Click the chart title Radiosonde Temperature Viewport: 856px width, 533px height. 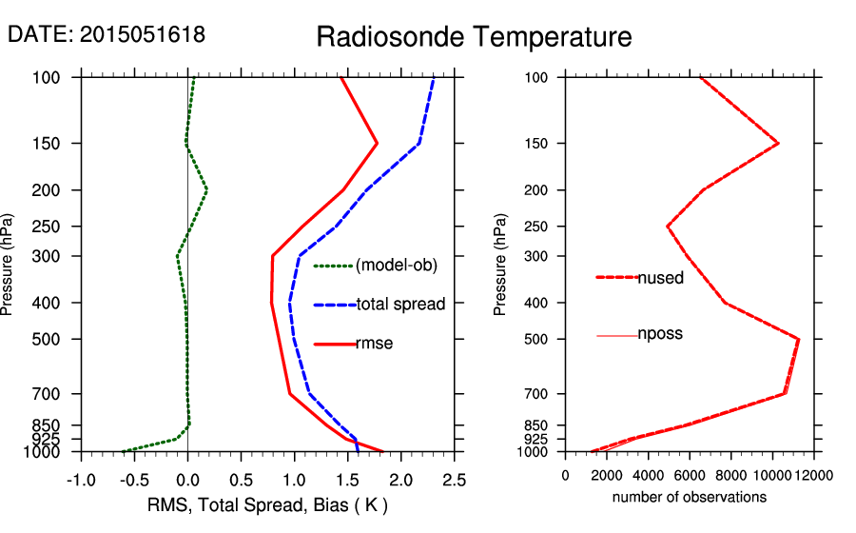click(x=474, y=37)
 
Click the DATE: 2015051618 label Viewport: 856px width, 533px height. click(x=107, y=35)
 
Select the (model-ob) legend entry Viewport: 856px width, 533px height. click(x=397, y=266)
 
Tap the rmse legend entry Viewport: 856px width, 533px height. click(x=374, y=343)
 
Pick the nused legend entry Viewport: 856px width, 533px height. click(x=660, y=277)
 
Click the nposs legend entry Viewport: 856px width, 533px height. click(x=660, y=334)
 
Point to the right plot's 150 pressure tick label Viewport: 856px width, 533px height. click(x=537, y=144)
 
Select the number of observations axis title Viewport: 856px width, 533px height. click(x=690, y=497)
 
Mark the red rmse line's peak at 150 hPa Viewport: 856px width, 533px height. click(x=378, y=143)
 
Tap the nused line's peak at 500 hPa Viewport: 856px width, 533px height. click(x=799, y=339)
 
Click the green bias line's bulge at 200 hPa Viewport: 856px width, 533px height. click(x=206, y=190)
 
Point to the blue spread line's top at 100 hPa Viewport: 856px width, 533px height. click(x=434, y=78)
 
